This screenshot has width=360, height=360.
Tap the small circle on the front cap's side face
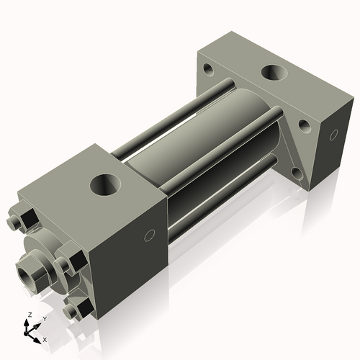(x=150, y=235)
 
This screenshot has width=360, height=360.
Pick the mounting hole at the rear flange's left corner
(x=207, y=71)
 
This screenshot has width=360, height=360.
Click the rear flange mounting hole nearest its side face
(x=305, y=126)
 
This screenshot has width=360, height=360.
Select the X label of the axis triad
(x=45, y=338)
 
